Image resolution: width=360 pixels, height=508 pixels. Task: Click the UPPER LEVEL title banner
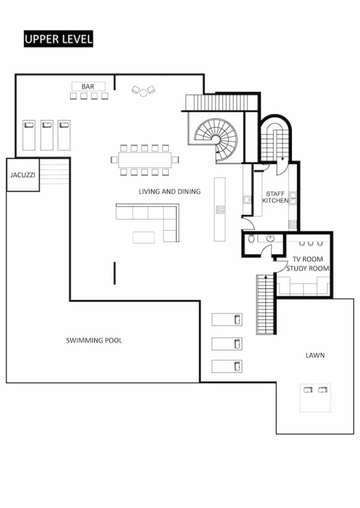pos(58,39)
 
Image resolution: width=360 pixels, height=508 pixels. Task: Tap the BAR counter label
pos(88,87)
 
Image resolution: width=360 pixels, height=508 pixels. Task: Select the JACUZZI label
pos(22,175)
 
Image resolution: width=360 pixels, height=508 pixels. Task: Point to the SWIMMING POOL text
pos(94,341)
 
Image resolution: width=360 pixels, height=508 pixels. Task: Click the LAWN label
pos(315,355)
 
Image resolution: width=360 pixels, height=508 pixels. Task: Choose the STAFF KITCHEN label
pos(275,197)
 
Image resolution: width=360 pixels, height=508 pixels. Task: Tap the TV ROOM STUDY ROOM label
pos(308,264)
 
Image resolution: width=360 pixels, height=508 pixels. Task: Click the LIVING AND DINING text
pos(169,191)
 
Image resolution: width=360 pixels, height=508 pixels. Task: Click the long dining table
pos(144,159)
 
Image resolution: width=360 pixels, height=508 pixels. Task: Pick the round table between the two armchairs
pos(143,93)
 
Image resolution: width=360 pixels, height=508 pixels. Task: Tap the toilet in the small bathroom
pos(251,239)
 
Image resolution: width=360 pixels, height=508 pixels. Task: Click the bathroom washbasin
pos(270,238)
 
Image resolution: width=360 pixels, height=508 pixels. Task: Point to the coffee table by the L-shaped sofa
pos(144,237)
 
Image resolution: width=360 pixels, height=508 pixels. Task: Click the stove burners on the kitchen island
pos(220,210)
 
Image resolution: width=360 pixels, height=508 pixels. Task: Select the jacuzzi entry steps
pos(54,174)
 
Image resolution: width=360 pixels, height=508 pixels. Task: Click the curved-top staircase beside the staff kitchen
pos(275,140)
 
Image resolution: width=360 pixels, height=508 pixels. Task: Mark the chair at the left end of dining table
pos(114,159)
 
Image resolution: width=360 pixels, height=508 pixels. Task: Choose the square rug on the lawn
pos(315,398)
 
